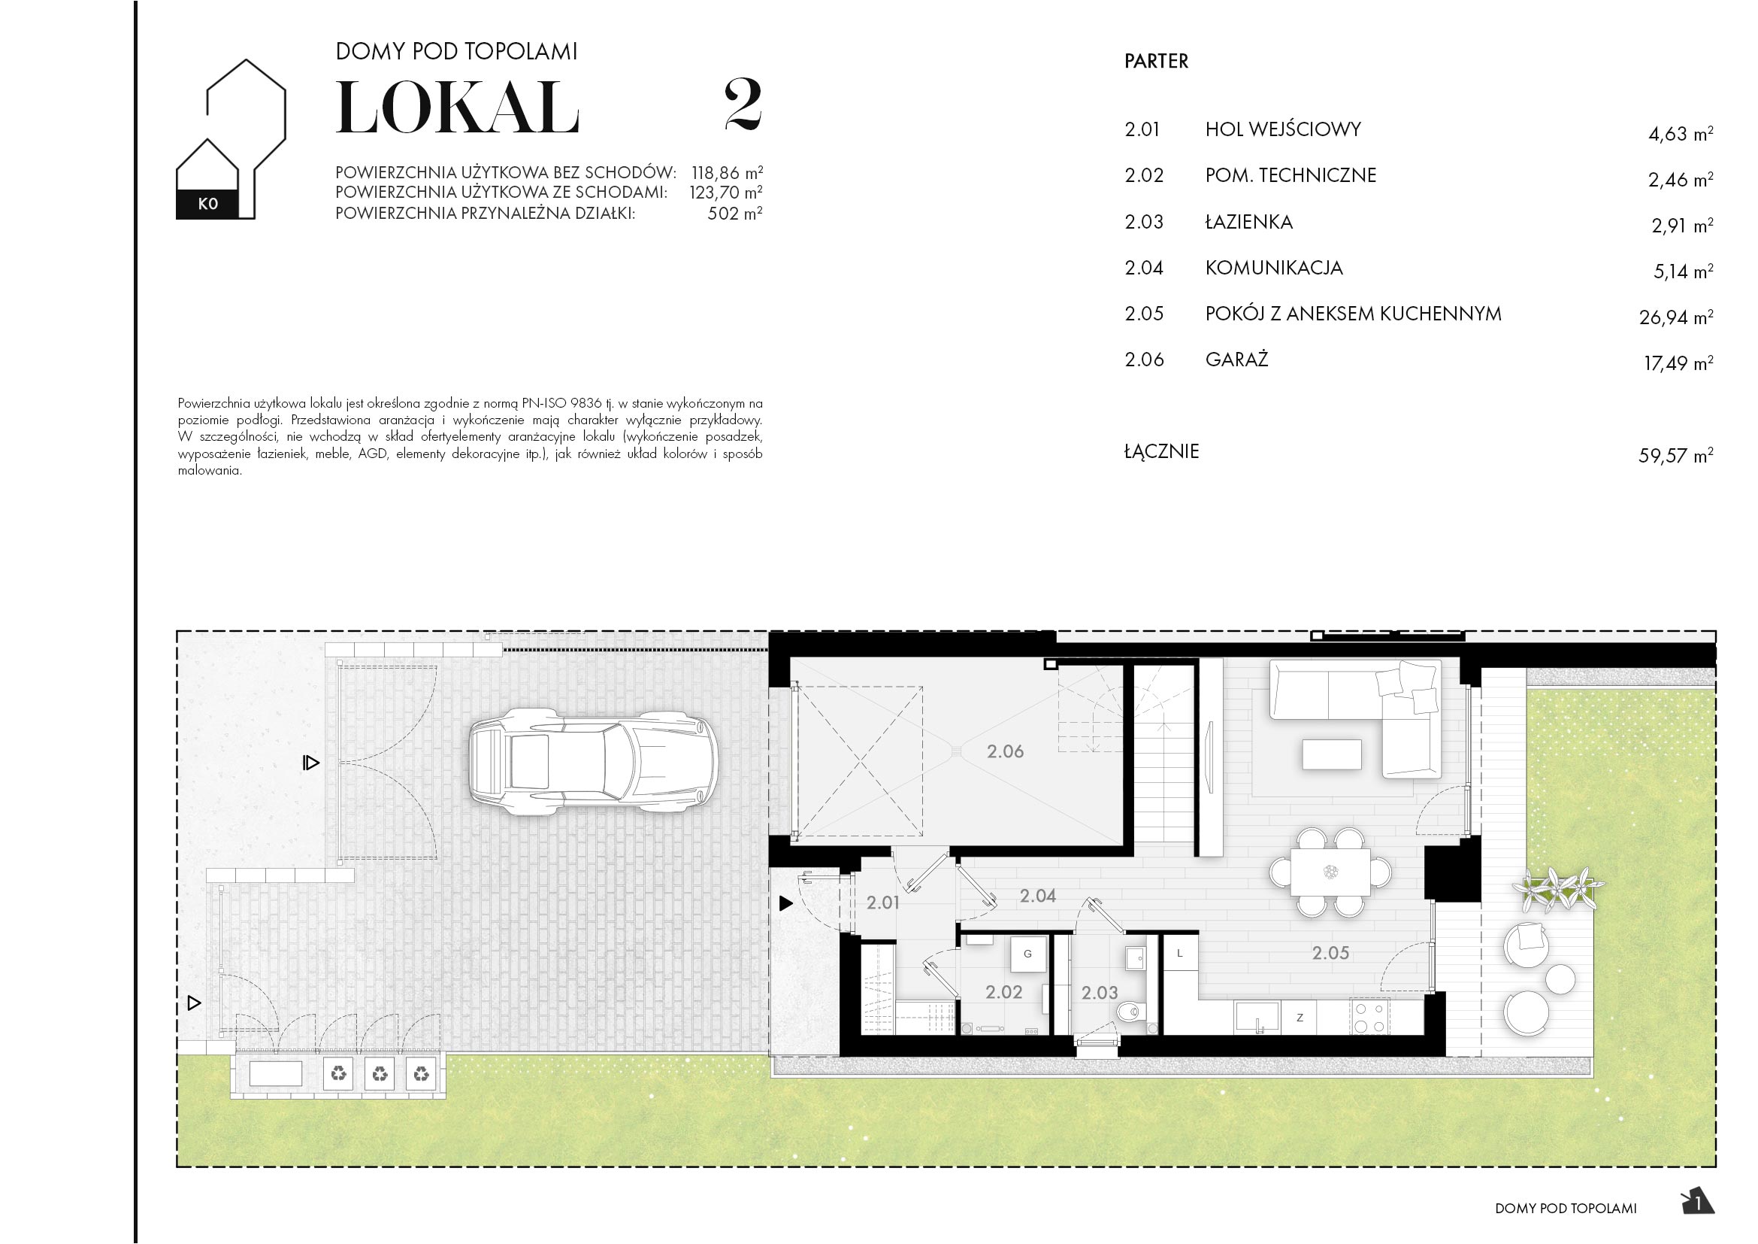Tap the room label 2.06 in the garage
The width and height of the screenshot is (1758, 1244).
(x=1005, y=751)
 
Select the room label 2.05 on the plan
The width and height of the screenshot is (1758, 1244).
(x=1330, y=953)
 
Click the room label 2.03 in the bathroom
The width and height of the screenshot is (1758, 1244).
(x=1099, y=993)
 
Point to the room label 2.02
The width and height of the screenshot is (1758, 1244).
(x=1003, y=992)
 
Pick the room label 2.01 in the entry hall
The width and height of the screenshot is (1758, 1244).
(x=882, y=903)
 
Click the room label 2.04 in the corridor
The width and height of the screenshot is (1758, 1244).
(x=1037, y=896)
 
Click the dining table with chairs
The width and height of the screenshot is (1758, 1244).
(x=1330, y=872)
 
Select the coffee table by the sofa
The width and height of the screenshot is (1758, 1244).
(x=1332, y=754)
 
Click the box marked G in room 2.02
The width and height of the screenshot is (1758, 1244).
(x=1027, y=954)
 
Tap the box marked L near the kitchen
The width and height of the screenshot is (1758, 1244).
(x=1180, y=954)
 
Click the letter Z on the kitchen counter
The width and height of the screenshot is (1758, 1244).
(x=1300, y=1018)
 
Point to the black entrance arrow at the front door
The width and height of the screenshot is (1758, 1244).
(x=785, y=904)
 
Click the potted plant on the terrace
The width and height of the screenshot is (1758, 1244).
(x=1558, y=890)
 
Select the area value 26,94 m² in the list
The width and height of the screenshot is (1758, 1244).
(x=1675, y=317)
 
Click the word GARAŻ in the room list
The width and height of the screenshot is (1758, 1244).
(x=1236, y=360)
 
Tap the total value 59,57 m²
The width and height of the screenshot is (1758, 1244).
(x=1675, y=456)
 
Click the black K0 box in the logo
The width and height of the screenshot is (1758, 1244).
(x=207, y=204)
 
